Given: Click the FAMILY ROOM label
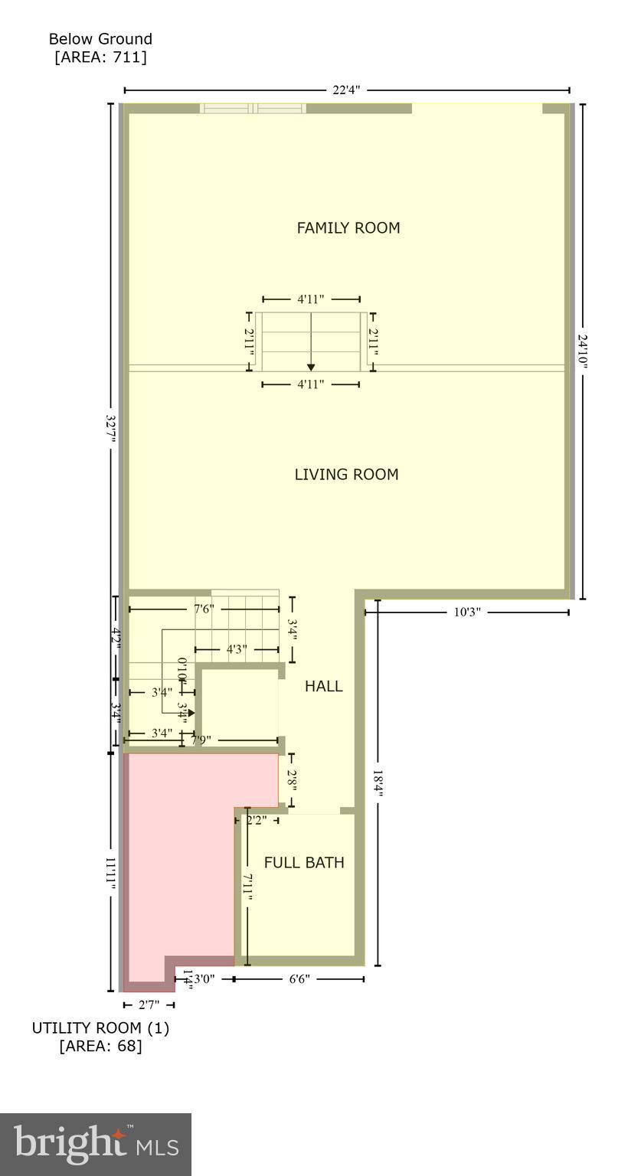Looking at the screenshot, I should point(348,227).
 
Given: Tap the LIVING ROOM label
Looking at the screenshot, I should point(346,474).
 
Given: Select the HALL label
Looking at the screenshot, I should point(323,686).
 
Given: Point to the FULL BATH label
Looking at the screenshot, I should point(304,862).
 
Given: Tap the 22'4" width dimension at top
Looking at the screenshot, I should point(346,90).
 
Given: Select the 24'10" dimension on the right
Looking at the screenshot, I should point(583,351).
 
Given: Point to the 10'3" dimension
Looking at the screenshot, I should point(466,612).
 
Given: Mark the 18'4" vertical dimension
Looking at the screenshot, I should point(378,783).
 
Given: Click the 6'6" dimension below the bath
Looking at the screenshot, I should point(299,978).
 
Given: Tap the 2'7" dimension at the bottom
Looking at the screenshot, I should point(149,1004).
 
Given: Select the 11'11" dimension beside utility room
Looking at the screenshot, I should point(111,873).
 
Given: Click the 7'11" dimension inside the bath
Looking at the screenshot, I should point(248,887).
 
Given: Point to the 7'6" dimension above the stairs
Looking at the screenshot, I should point(204,609).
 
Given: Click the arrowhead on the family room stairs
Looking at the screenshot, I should point(311,367).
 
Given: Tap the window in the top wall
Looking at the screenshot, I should point(253,109).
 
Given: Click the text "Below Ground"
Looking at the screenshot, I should point(100,38).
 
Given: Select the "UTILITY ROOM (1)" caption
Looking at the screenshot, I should point(100,1027).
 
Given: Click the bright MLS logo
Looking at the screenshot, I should point(96,1144).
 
